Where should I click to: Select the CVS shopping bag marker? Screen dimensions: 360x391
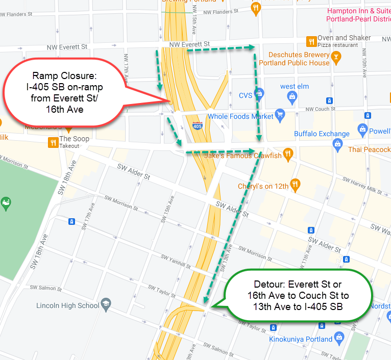[259, 94]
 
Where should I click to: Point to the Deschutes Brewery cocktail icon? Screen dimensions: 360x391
[336, 59]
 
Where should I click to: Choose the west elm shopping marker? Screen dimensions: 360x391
[292, 96]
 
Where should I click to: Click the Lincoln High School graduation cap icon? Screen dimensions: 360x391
[106, 303]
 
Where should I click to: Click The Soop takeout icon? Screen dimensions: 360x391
[52, 142]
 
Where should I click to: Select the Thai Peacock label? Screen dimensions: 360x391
[369, 149]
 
